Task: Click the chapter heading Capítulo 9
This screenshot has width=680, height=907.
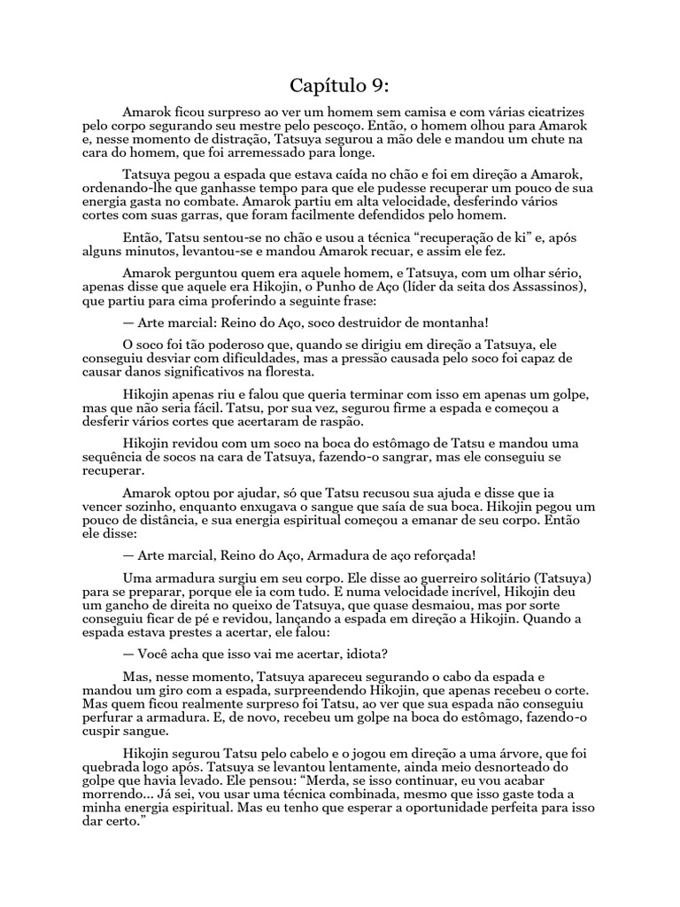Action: (339, 86)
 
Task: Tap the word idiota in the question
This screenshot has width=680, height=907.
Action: (360, 655)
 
